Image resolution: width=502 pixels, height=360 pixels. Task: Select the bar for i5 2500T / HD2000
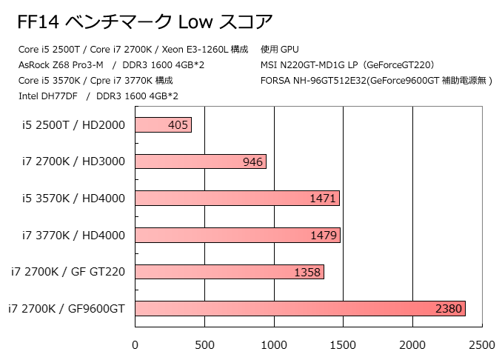pyautogui.click(x=163, y=125)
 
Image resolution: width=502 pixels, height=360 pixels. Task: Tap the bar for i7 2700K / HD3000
pyautogui.click(x=200, y=161)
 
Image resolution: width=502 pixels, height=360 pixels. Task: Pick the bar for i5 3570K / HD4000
pyautogui.click(x=237, y=199)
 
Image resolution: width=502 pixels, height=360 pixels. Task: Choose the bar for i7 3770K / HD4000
pyautogui.click(x=237, y=236)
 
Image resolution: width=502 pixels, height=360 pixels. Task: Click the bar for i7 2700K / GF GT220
pyautogui.click(x=230, y=272)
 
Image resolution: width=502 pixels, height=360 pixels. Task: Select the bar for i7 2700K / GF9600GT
pyautogui.click(x=300, y=309)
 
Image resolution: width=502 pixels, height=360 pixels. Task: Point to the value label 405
pyautogui.click(x=178, y=125)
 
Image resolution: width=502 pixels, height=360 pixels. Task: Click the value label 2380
pyautogui.click(x=449, y=309)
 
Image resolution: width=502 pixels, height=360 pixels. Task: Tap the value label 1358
pyautogui.click(x=307, y=272)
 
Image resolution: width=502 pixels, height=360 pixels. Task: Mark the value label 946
pyautogui.click(x=252, y=161)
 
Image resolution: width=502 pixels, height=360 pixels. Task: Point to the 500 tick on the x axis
pyautogui.click(x=204, y=344)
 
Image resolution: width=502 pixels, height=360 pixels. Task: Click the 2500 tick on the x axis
pyautogui.click(x=482, y=344)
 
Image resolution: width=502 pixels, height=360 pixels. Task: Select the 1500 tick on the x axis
pyautogui.click(x=344, y=344)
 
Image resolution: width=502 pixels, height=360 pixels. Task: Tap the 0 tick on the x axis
pyautogui.click(x=135, y=344)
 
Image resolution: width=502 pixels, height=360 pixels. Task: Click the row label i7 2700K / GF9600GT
pyautogui.click(x=67, y=309)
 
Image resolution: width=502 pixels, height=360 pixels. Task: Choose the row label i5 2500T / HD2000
pyautogui.click(x=73, y=125)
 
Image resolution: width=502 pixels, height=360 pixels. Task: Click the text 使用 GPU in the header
pyautogui.click(x=280, y=49)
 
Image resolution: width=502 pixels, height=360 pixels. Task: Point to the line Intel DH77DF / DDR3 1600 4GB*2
pyautogui.click(x=98, y=96)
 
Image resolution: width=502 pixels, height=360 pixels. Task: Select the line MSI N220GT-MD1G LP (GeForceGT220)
pyautogui.click(x=347, y=64)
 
